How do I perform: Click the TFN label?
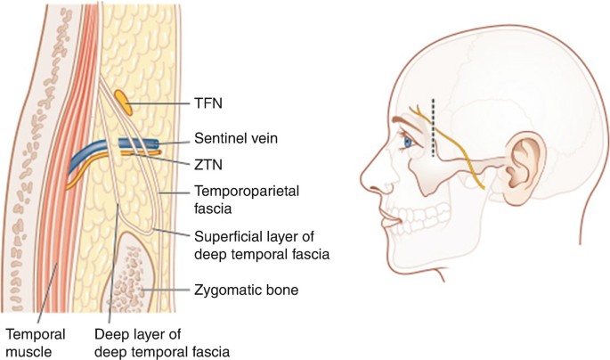click(206, 104)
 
